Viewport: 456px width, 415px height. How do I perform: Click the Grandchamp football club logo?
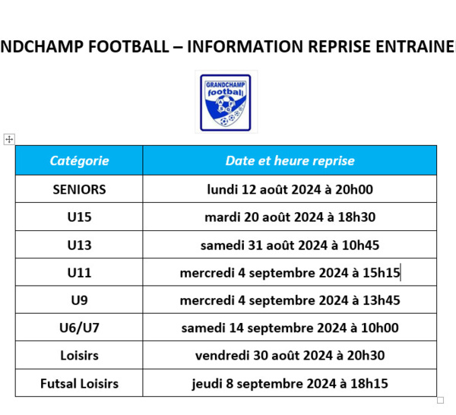[226, 103]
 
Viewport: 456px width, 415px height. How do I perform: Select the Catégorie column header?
[79, 160]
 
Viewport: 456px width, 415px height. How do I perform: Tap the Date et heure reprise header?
[290, 160]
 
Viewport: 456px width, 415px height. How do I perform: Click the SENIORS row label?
[79, 189]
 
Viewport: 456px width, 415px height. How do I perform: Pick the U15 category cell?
[79, 217]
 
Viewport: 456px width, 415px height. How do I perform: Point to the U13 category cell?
[79, 246]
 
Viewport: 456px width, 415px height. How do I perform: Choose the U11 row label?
[79, 273]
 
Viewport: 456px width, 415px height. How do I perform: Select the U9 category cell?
[79, 300]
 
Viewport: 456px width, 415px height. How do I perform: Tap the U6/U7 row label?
[79, 328]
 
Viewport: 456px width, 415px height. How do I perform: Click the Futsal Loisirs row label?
[79, 384]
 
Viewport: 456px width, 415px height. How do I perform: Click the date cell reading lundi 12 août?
[290, 189]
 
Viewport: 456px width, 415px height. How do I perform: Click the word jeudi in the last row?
[207, 384]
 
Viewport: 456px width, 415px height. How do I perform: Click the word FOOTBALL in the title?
[128, 46]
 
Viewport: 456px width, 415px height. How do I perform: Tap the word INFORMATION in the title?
[245, 46]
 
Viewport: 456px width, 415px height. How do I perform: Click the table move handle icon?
[9, 139]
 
